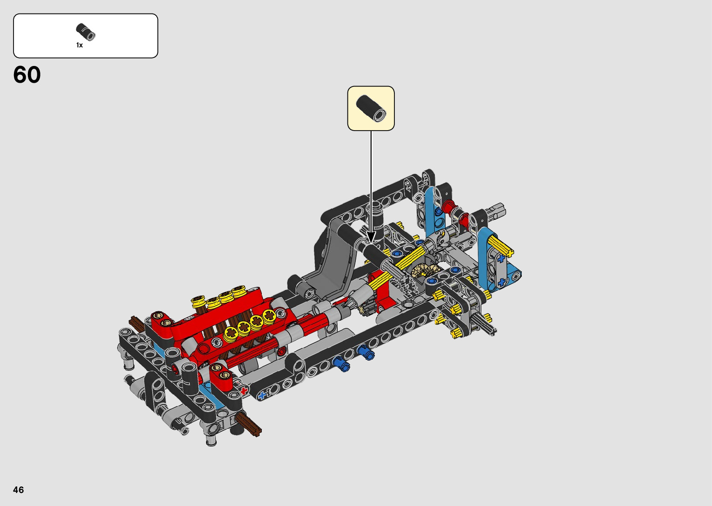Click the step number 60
pos(27,75)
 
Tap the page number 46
pos(19,489)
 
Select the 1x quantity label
pos(80,45)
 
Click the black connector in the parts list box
pos(86,32)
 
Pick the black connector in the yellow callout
pos(371,108)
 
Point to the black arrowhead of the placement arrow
pos(371,237)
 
